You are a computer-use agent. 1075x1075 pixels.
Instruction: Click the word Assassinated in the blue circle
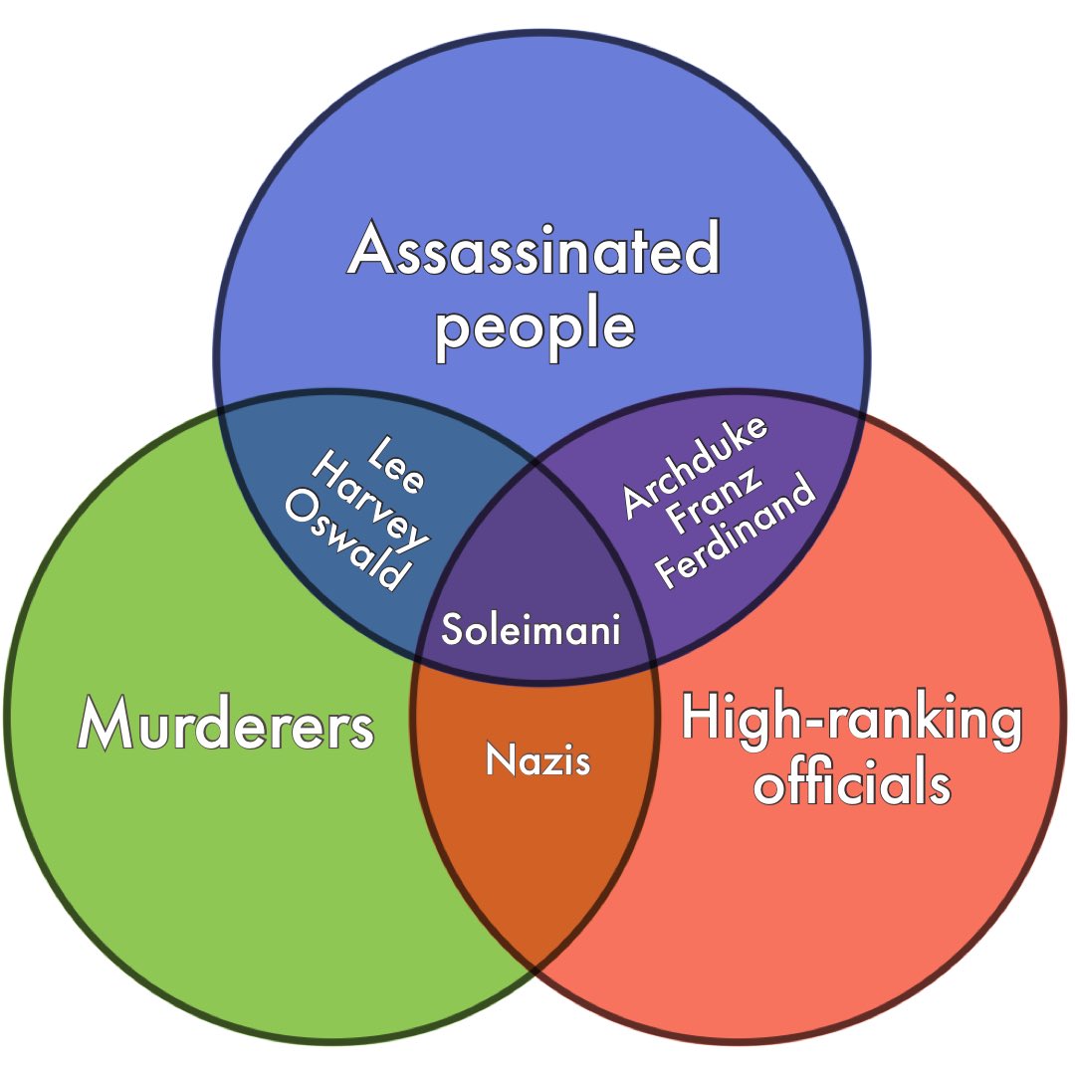click(x=534, y=250)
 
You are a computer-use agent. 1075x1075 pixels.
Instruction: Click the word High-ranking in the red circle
click(x=852, y=720)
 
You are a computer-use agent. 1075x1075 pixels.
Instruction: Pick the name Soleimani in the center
click(x=532, y=629)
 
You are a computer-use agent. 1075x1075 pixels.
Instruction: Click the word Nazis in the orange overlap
click(x=537, y=760)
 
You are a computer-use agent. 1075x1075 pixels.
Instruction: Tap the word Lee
click(x=397, y=464)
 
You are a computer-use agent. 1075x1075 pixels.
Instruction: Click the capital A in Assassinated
click(x=371, y=250)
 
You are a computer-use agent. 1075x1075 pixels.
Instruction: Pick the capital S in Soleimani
click(x=452, y=630)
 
